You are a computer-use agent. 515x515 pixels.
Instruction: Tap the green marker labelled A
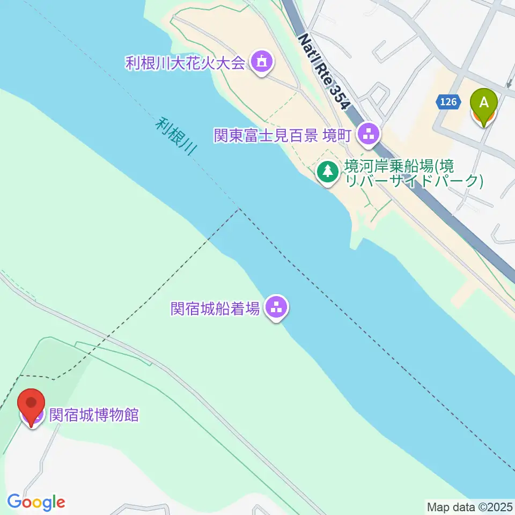pyautogui.click(x=484, y=105)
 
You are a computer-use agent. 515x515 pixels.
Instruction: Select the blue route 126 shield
pyautogui.click(x=450, y=101)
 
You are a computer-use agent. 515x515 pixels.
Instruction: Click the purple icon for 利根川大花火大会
pyautogui.click(x=261, y=63)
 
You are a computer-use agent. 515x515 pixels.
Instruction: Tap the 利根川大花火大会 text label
pyautogui.click(x=185, y=63)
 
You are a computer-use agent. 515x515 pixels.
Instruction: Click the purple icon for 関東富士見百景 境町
pyautogui.click(x=368, y=134)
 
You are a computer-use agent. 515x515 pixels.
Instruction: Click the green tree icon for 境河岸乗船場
pyautogui.click(x=327, y=172)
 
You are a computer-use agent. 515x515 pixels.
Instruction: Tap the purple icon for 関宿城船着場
pyautogui.click(x=276, y=308)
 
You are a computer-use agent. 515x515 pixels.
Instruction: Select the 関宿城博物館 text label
pyautogui.click(x=94, y=415)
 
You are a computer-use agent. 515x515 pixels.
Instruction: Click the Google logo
pyautogui.click(x=36, y=503)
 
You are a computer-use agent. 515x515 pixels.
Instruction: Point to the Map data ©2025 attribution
pyautogui.click(x=470, y=506)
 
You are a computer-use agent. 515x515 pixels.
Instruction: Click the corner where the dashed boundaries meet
pyautogui.click(x=239, y=210)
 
